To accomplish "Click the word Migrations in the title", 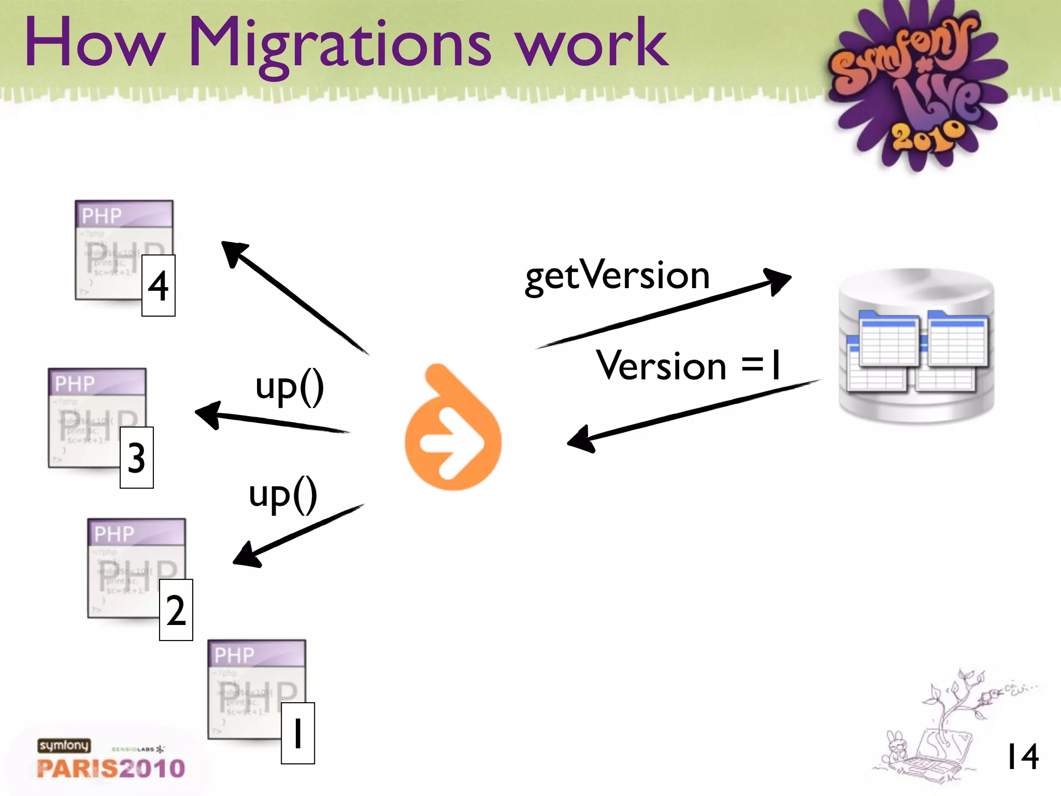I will [x=339, y=44].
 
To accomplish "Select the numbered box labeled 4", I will [x=159, y=286].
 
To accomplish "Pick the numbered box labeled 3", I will [x=136, y=458].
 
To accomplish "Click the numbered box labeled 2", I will [x=176, y=610].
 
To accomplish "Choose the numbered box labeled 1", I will [x=297, y=733].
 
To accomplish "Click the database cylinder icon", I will [x=916, y=346].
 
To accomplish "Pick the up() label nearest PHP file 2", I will [x=283, y=494].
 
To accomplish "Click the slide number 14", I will [x=1022, y=757].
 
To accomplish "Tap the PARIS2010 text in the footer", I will [x=111, y=768].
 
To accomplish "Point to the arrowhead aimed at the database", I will [x=778, y=280].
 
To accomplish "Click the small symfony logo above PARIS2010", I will [x=64, y=745].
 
